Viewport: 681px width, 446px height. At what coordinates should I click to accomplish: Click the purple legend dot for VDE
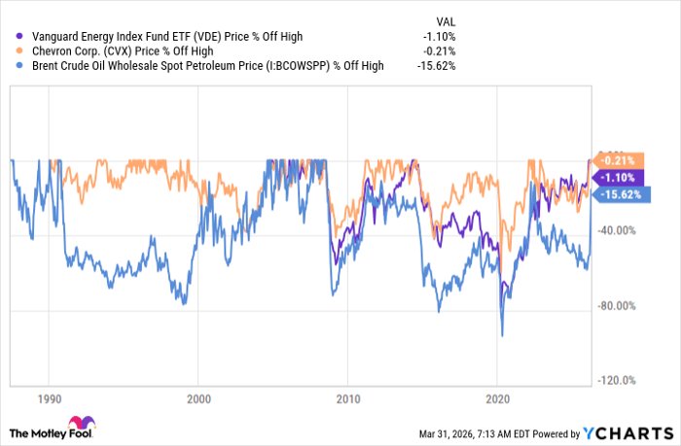(19, 37)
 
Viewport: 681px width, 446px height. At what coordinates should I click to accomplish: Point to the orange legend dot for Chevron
(19, 51)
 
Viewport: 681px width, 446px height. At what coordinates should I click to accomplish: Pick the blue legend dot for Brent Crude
(19, 66)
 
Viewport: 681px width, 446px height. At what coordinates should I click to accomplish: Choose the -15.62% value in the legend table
(436, 66)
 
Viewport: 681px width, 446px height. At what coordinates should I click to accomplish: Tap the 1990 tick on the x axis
(49, 398)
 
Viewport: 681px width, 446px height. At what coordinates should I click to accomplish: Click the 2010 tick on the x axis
(347, 398)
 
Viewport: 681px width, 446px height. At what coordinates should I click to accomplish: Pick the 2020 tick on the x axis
(497, 398)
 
